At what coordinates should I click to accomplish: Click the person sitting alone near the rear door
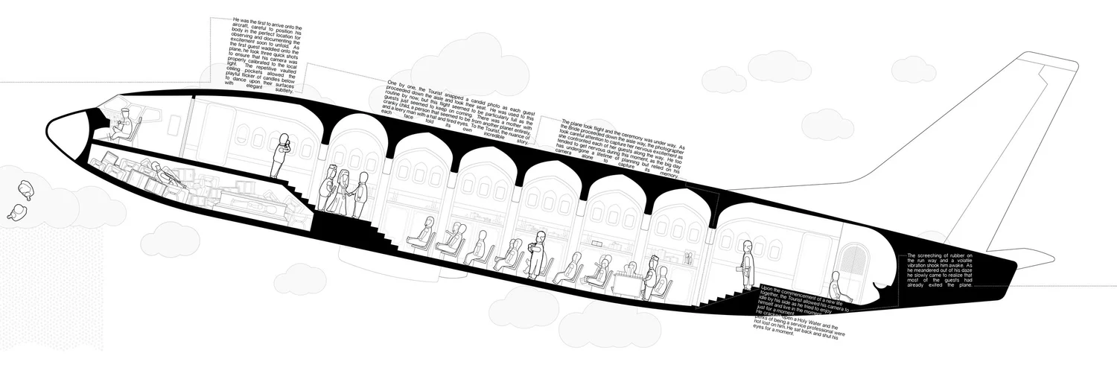click(836, 286)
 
